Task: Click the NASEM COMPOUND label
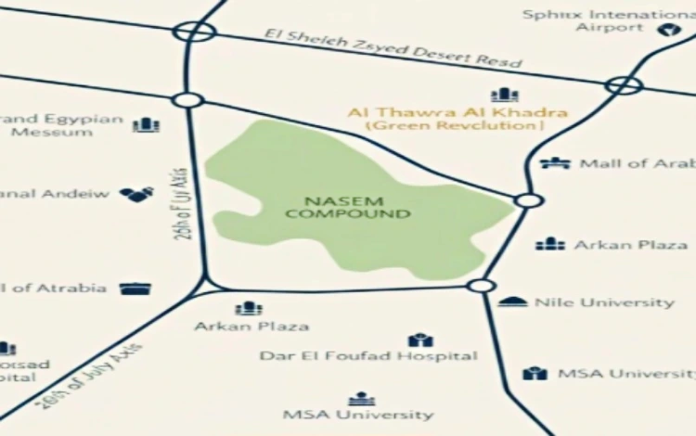click(x=347, y=207)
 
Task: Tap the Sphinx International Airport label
click(x=609, y=20)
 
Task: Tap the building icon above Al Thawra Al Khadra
click(x=504, y=95)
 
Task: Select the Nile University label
click(x=604, y=302)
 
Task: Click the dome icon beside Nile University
click(x=512, y=302)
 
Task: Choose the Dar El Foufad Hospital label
click(x=368, y=355)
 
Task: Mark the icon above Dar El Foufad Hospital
click(x=419, y=340)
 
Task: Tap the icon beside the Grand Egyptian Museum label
click(x=146, y=124)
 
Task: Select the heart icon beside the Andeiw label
click(x=136, y=194)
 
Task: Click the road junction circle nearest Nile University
click(x=480, y=285)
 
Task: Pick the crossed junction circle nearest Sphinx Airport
click(x=623, y=86)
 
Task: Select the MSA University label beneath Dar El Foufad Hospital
click(x=357, y=415)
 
